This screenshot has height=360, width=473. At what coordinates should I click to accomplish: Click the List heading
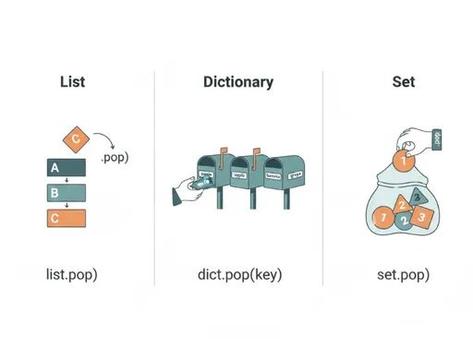click(72, 82)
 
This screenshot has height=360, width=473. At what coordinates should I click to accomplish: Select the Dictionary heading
click(238, 82)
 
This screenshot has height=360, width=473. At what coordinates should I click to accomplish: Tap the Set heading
click(403, 82)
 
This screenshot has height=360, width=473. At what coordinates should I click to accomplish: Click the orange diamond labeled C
click(76, 139)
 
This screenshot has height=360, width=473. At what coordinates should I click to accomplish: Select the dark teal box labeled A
click(66, 168)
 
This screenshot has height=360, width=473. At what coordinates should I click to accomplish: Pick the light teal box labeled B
click(66, 193)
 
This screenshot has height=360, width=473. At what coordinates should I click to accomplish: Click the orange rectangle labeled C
click(66, 219)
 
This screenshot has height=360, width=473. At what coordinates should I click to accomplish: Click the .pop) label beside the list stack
click(114, 157)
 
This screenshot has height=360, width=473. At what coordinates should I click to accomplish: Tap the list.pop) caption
click(72, 275)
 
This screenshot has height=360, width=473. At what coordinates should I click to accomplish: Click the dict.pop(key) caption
click(239, 275)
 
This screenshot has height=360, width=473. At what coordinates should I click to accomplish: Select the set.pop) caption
click(403, 275)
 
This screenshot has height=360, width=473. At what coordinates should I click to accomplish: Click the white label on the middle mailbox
click(239, 173)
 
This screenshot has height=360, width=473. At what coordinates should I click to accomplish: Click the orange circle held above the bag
click(400, 161)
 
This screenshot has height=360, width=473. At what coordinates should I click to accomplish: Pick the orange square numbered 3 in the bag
click(421, 216)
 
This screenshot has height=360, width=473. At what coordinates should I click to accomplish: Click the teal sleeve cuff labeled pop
click(437, 140)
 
